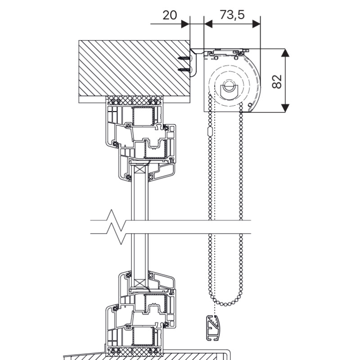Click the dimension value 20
tap(170, 15)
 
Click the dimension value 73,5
tap(232, 15)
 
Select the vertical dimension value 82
tap(277, 81)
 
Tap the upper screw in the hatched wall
tap(185, 58)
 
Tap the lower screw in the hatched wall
tap(185, 69)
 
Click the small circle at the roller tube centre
tap(229, 86)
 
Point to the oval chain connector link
tap(209, 131)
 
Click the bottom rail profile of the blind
tap(212, 328)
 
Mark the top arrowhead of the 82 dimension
tap(285, 53)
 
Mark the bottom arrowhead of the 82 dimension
tap(285, 108)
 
